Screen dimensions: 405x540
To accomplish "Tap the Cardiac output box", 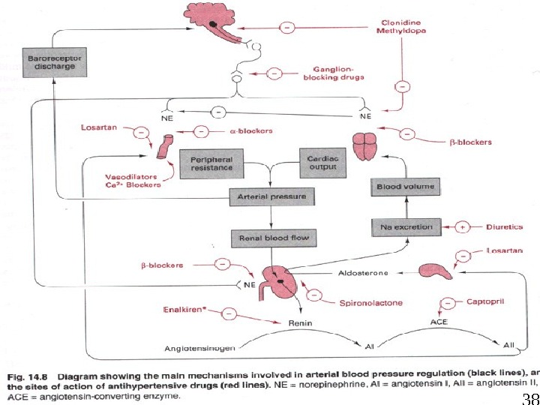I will coord(322,163).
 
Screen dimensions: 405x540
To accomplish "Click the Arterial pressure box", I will coord(271,196).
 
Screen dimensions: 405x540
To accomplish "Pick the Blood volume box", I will coord(405,186).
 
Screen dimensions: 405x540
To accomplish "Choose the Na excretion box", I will coord(405,226).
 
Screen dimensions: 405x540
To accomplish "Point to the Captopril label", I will coord(484,301).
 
